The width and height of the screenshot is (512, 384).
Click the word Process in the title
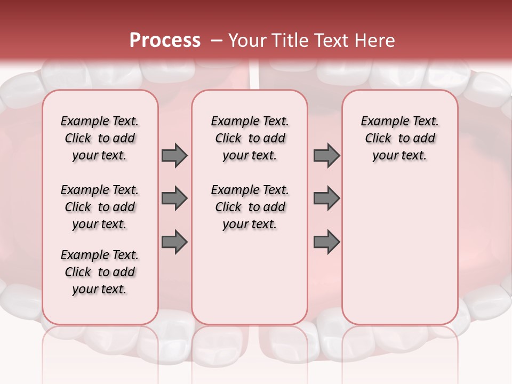click(165, 41)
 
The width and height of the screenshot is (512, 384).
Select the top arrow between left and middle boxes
click(174, 155)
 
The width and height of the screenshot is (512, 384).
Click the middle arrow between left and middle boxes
click(174, 198)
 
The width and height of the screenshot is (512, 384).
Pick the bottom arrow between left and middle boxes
click(174, 242)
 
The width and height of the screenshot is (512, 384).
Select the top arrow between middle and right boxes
click(326, 155)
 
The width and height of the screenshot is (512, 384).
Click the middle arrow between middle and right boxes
click(326, 198)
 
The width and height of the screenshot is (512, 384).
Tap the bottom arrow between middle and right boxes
click(326, 242)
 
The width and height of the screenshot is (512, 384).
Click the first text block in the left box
click(100, 138)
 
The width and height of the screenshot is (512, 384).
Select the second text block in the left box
click(100, 207)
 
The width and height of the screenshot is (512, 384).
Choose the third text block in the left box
click(100, 272)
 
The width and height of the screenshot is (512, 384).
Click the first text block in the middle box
click(250, 138)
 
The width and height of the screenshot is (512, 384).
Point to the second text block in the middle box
click(250, 207)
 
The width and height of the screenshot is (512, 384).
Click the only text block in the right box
click(399, 138)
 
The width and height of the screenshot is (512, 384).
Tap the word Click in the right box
click(378, 139)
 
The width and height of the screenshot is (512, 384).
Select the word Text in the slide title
click(332, 41)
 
